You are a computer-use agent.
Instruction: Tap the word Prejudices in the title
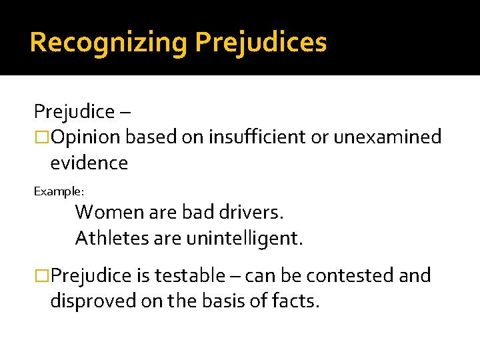pyautogui.click(x=261, y=43)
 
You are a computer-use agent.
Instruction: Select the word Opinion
pyautogui.click(x=85, y=137)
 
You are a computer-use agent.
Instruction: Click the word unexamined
pyautogui.click(x=388, y=137)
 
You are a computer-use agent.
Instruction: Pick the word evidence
pyautogui.click(x=89, y=163)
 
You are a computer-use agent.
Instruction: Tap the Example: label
pyautogui.click(x=59, y=191)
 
